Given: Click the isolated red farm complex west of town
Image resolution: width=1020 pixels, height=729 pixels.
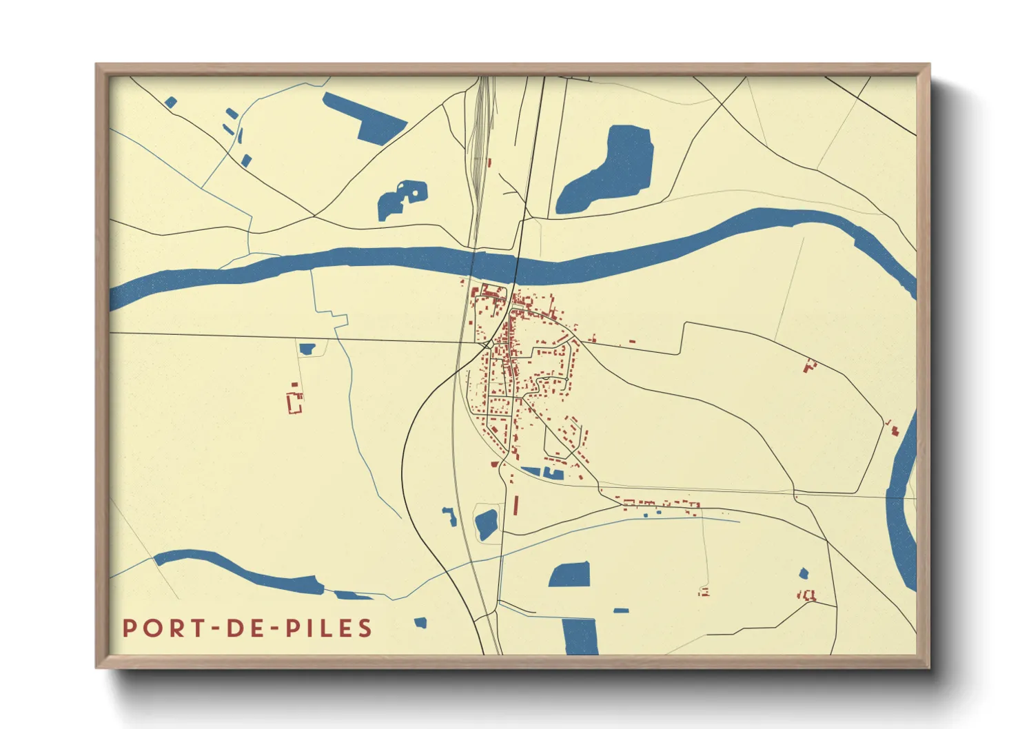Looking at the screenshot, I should point(295,401).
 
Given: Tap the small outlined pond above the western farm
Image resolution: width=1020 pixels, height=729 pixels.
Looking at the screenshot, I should point(307,349).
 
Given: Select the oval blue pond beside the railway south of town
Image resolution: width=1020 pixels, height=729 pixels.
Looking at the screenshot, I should point(486,524).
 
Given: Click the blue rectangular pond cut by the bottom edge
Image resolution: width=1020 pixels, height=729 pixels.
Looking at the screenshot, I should point(580,636).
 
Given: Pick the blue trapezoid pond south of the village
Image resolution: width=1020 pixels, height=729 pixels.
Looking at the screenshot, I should point(571,575).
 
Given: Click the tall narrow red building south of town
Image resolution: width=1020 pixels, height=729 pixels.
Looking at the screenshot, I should point(516,504).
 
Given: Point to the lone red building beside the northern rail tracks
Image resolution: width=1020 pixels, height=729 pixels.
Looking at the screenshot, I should point(489,163).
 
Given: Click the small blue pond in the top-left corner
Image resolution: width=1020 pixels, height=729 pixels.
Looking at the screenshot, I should point(171,103).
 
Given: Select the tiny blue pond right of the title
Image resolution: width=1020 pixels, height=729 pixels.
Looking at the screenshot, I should point(420,623).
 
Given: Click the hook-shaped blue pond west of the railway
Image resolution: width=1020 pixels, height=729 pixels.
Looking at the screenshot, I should point(450,515).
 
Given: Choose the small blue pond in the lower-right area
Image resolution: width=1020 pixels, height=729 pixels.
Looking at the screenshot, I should point(803,573).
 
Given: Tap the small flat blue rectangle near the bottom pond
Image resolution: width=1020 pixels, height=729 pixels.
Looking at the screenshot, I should point(621,610).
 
